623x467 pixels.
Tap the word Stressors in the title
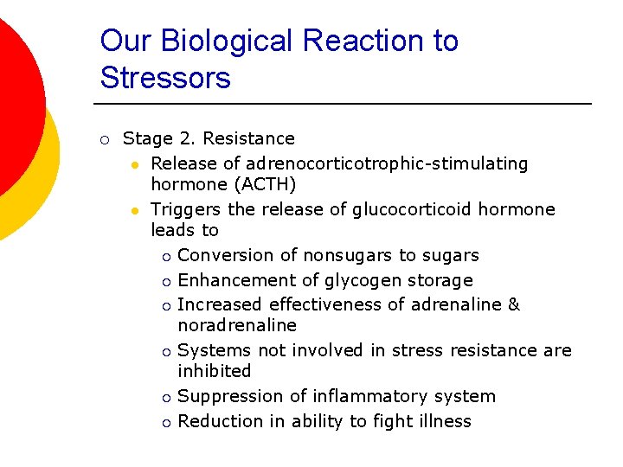(165, 78)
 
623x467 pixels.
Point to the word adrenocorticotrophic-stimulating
(387, 163)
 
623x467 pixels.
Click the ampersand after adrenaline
(514, 304)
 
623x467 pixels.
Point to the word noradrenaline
(237, 325)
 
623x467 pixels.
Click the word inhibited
(215, 371)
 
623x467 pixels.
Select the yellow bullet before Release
(135, 164)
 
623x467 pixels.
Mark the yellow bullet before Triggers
(135, 210)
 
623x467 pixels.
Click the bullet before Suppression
(165, 397)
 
